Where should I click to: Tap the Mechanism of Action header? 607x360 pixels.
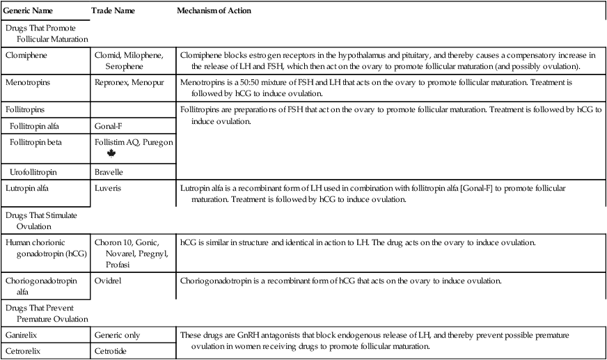214,12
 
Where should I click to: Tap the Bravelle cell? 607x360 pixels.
109,171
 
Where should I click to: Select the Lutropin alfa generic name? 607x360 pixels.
31,188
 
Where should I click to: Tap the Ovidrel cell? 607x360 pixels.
109,283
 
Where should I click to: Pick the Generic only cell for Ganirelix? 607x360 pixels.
117,335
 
